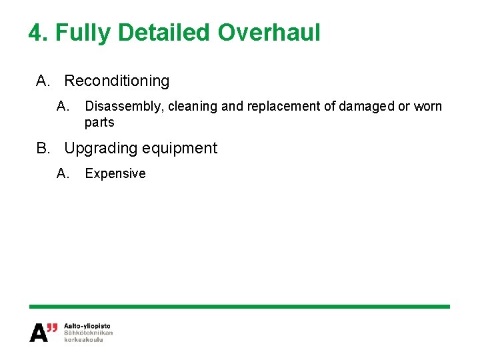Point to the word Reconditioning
pyautogui.click(x=117, y=81)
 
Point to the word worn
pyautogui.click(x=428, y=107)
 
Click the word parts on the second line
pyautogui.click(x=99, y=123)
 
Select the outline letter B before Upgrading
pyautogui.click(x=43, y=148)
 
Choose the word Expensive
pyautogui.click(x=115, y=174)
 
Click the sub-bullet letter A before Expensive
pyautogui.click(x=63, y=174)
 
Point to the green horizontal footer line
pyautogui.click(x=239, y=306)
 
